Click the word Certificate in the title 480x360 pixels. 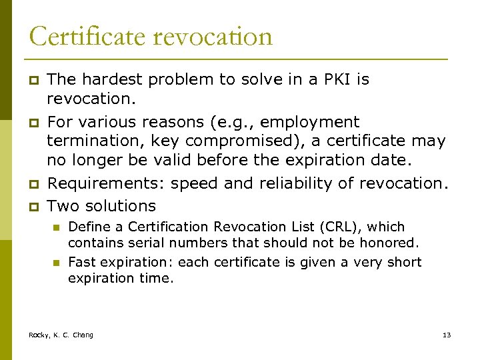click(x=86, y=36)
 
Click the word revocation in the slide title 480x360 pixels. click(x=213, y=36)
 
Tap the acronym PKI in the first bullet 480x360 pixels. click(x=333, y=80)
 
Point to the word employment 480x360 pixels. click(x=309, y=123)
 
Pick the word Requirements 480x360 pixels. click(x=107, y=184)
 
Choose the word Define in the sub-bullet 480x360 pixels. click(x=87, y=227)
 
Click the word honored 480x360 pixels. click(x=394, y=243)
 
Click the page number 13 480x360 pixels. click(x=447, y=335)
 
